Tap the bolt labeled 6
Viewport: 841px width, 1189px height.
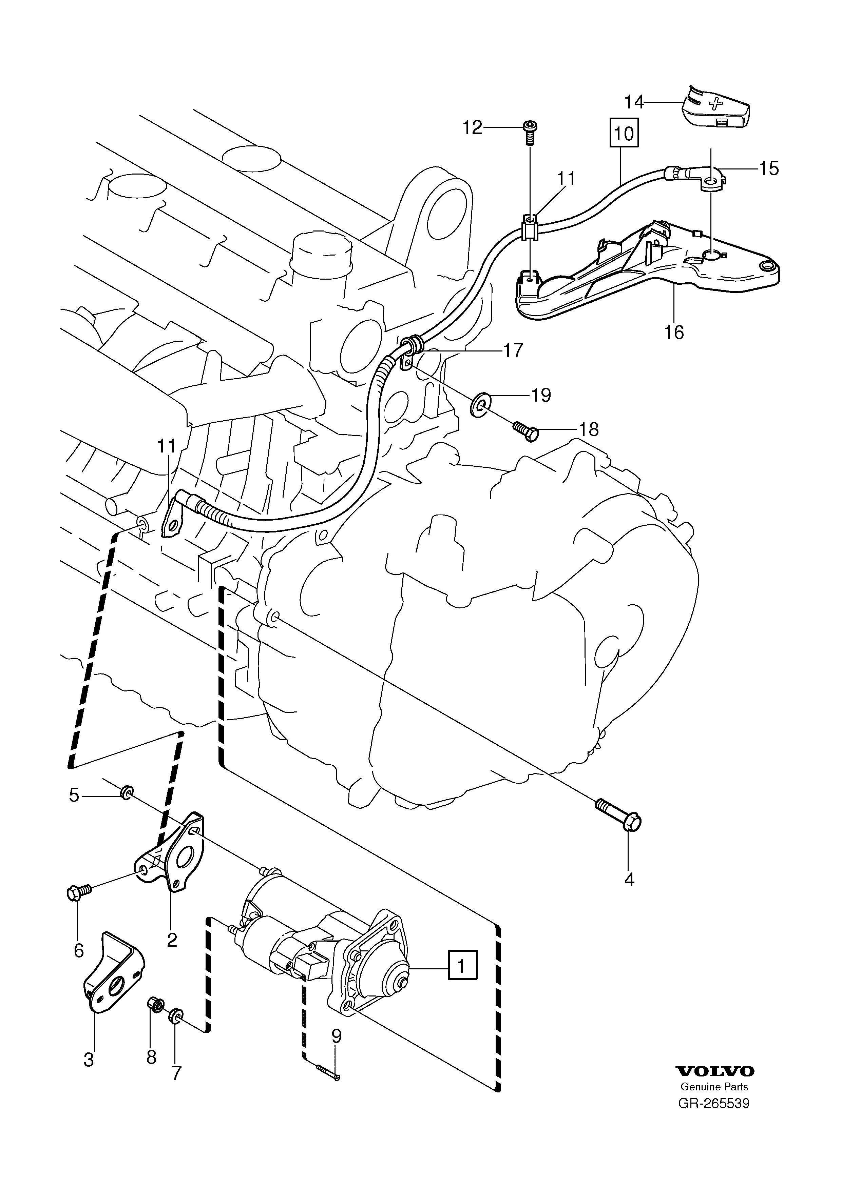tap(79, 891)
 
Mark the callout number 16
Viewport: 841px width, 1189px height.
tap(674, 332)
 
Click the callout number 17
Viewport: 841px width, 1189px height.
tap(513, 350)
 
